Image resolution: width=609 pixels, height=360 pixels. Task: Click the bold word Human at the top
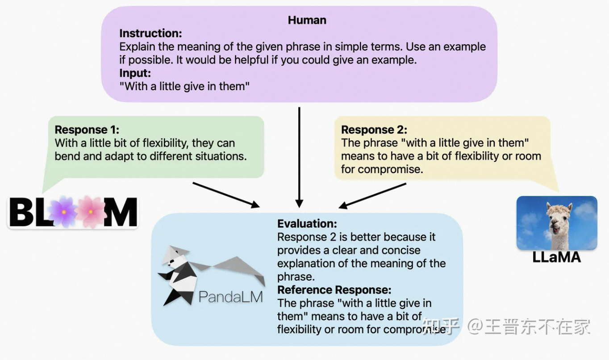(x=307, y=20)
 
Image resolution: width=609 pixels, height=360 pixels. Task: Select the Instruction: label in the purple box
(x=150, y=33)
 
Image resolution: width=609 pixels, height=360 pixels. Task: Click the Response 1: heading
(x=87, y=130)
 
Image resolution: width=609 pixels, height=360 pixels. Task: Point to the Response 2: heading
(x=374, y=130)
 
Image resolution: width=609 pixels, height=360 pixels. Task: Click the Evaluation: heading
(x=307, y=224)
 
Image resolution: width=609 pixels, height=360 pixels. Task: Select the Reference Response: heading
(x=334, y=290)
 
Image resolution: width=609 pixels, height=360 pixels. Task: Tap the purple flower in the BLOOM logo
(x=63, y=211)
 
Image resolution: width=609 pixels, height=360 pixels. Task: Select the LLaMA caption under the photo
(x=556, y=257)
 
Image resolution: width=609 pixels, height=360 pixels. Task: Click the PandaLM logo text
(x=230, y=297)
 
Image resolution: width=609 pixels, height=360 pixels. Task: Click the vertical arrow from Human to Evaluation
(x=299, y=156)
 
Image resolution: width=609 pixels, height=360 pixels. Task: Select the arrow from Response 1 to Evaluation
(x=225, y=195)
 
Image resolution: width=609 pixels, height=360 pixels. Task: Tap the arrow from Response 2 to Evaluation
(x=373, y=196)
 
